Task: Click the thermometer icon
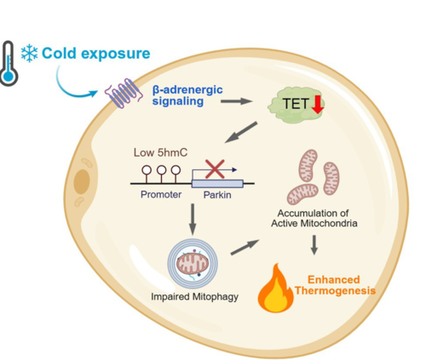click(x=9, y=64)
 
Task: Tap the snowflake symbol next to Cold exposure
click(x=29, y=54)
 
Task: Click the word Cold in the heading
click(x=59, y=54)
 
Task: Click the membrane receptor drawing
click(x=124, y=94)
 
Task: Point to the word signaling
click(x=178, y=101)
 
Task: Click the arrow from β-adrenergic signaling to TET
click(x=236, y=101)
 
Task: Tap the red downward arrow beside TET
click(x=318, y=105)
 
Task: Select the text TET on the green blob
click(x=296, y=104)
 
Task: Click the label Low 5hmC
click(x=160, y=152)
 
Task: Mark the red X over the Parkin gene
click(x=215, y=169)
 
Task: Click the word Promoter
click(x=161, y=195)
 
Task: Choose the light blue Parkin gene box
click(x=217, y=184)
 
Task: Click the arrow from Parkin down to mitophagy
click(x=193, y=220)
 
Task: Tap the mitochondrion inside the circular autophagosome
click(x=193, y=264)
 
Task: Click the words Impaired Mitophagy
click(x=194, y=297)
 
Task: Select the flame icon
click(x=275, y=289)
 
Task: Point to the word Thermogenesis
click(x=335, y=291)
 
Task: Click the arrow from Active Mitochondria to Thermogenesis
click(x=314, y=245)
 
